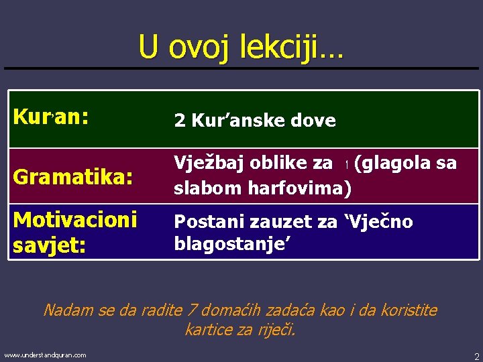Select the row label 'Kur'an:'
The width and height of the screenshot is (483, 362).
point(50,118)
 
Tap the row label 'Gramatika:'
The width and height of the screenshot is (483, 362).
point(72,178)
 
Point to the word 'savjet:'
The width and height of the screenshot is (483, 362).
point(49,245)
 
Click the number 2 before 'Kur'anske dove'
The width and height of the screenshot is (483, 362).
point(180,121)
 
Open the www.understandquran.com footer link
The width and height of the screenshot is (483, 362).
point(45,355)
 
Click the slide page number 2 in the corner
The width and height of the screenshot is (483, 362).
point(476,356)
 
